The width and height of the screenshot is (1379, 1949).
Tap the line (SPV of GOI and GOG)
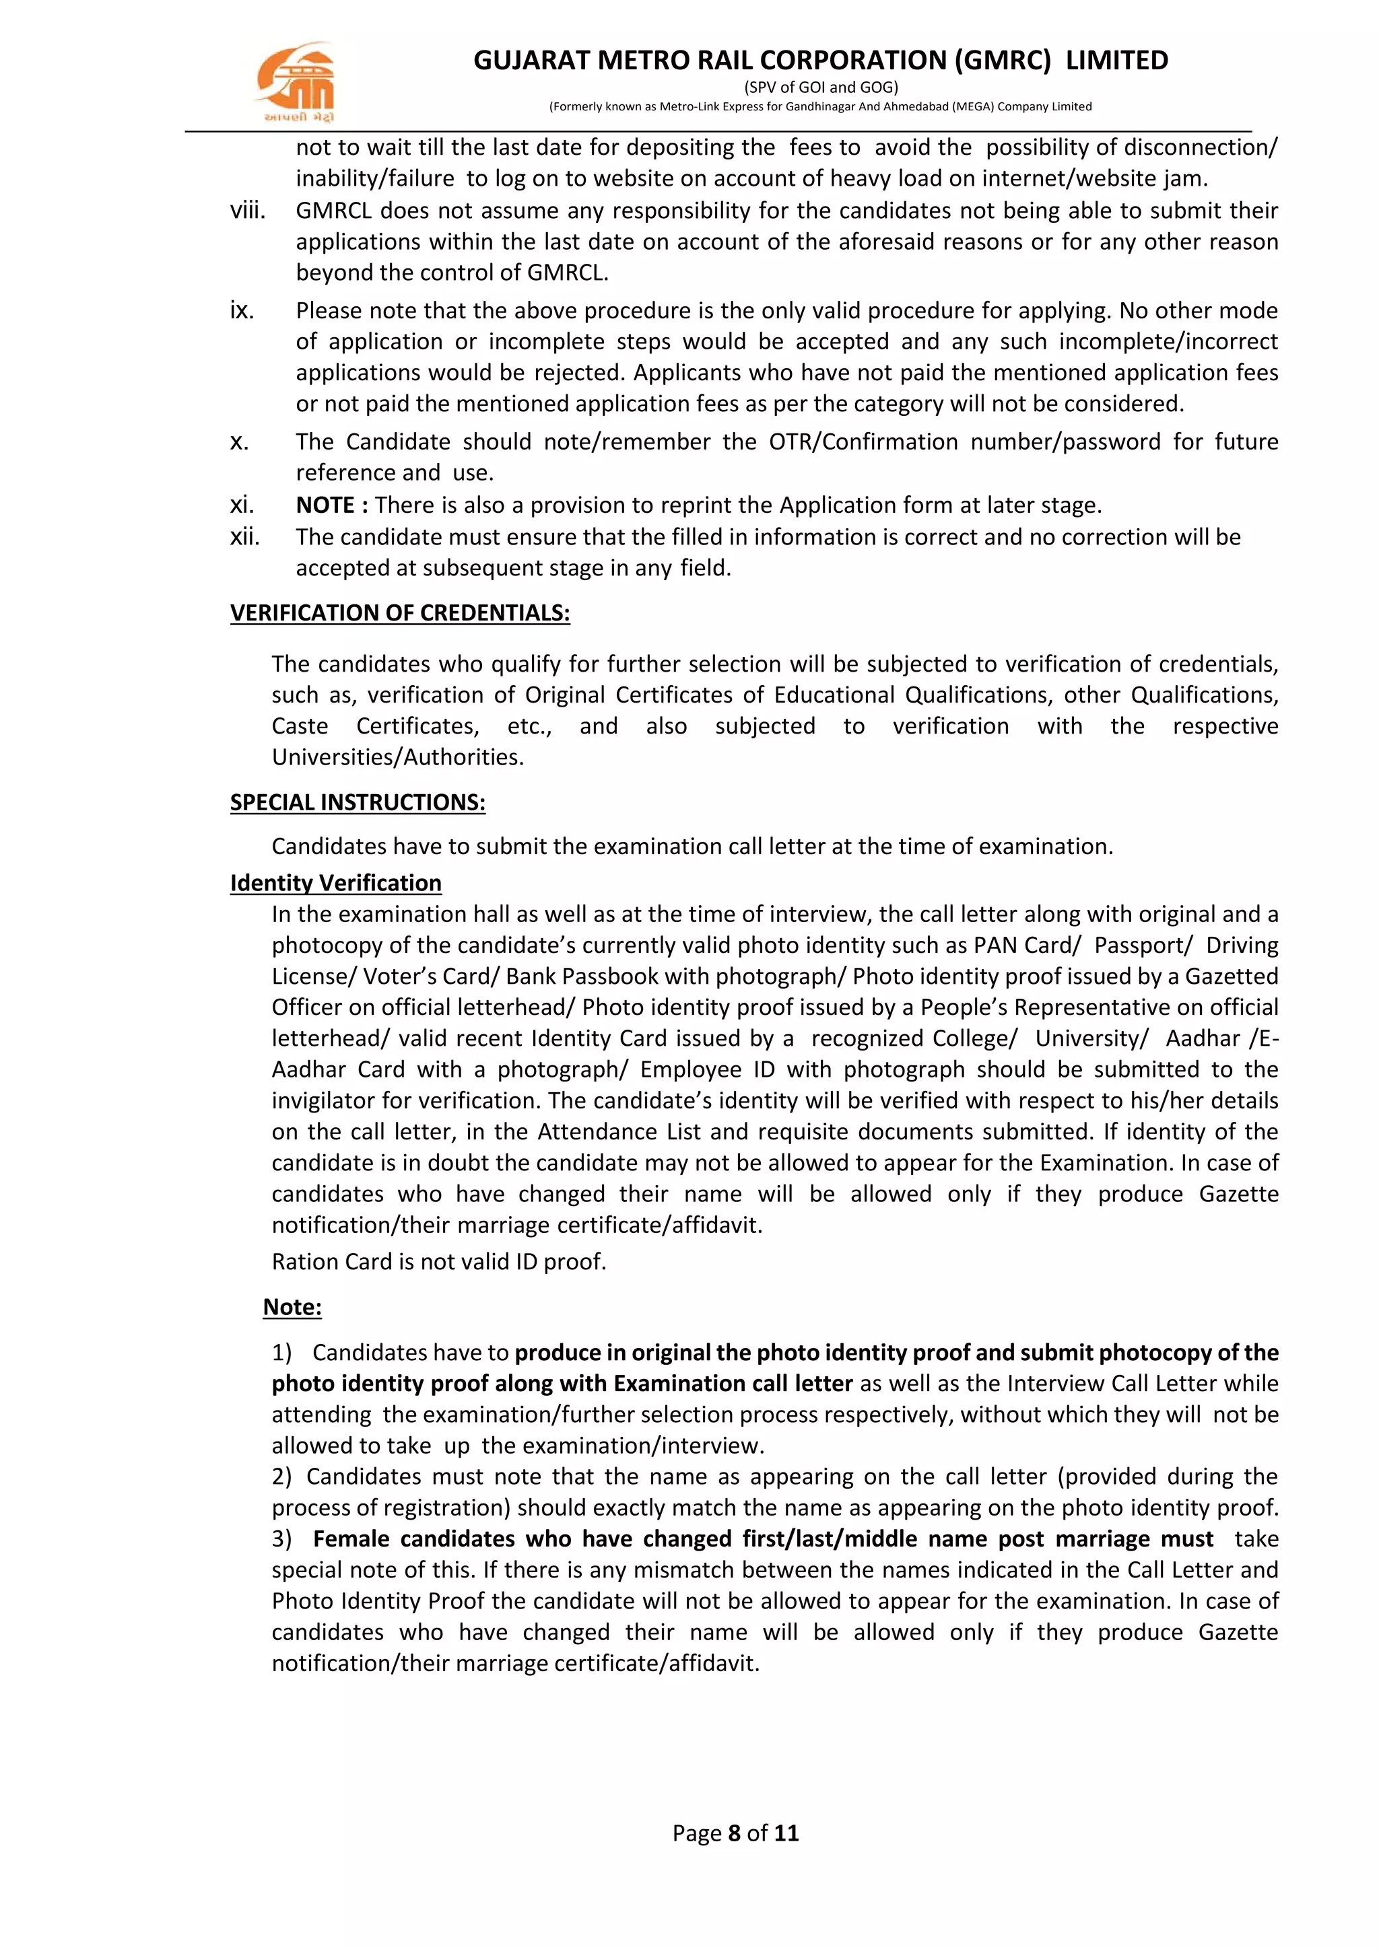pyautogui.click(x=820, y=87)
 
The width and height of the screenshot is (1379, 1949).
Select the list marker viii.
pyautogui.click(x=247, y=211)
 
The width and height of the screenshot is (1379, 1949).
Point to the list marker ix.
pyautogui.click(x=242, y=311)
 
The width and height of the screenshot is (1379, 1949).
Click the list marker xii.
pyautogui.click(x=245, y=536)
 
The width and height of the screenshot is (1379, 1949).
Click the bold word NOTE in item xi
pyautogui.click(x=325, y=505)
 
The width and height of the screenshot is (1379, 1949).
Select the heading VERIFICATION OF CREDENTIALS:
pyautogui.click(x=400, y=613)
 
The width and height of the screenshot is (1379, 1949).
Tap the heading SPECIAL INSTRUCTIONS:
pyautogui.click(x=358, y=802)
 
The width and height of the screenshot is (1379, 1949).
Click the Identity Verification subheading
pyautogui.click(x=335, y=883)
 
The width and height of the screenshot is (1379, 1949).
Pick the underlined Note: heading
pyautogui.click(x=292, y=1306)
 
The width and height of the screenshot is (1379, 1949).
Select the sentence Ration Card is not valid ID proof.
pyautogui.click(x=439, y=1261)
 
